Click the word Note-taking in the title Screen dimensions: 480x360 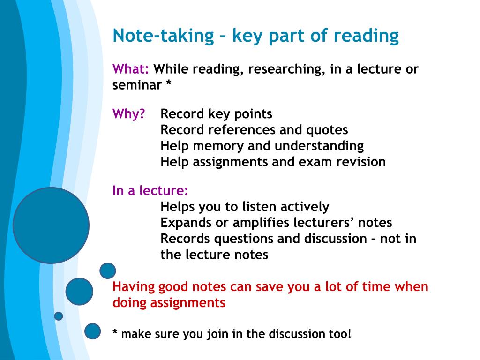tap(163, 36)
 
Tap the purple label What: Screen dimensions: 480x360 tap(131, 69)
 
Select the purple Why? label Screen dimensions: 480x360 tap(128, 113)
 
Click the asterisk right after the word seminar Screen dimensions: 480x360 tap(168, 83)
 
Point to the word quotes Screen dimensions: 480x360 tap(327, 130)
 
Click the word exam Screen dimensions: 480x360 tap(315, 162)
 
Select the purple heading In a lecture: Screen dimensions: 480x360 tap(150, 190)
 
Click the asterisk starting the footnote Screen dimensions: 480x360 tap(115, 332)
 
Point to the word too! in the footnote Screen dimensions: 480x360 tap(340, 334)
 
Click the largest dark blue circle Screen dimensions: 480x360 tap(51, 225)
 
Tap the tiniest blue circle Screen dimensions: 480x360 tap(59, 316)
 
